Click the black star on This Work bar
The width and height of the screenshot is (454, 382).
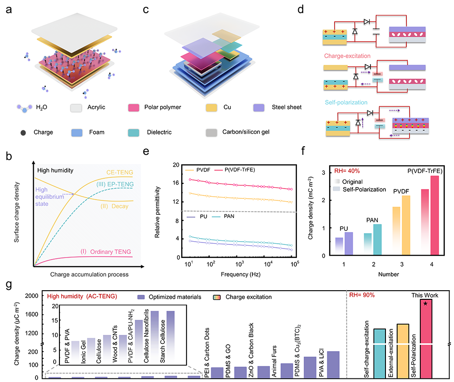click(x=425, y=303)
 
